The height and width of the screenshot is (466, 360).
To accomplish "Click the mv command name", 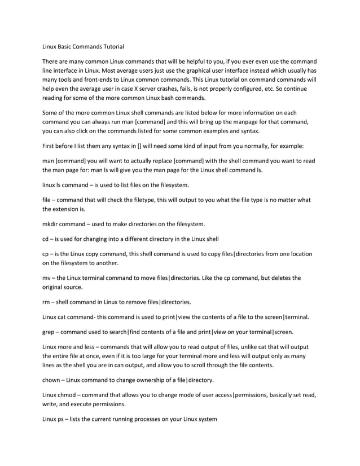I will pyautogui.click(x=47, y=278).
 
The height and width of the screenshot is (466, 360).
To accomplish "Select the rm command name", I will pyautogui.click(x=47, y=301).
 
